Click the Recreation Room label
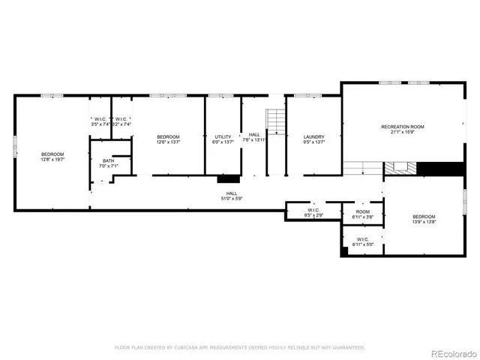(x=402, y=130)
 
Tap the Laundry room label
(x=313, y=139)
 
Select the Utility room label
(x=223, y=139)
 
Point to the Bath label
(x=109, y=163)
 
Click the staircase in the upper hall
(x=277, y=121)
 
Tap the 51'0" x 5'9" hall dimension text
(x=231, y=198)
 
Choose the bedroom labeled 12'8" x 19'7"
(x=52, y=156)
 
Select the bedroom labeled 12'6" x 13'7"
(x=168, y=139)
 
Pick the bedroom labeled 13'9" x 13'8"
(x=424, y=219)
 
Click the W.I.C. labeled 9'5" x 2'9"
(x=313, y=212)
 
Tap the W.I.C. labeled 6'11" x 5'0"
(x=363, y=242)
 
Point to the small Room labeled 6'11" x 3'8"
(x=363, y=214)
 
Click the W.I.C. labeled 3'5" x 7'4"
(x=100, y=121)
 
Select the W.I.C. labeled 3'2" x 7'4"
(x=121, y=121)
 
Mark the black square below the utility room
(x=228, y=179)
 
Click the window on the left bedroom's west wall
(x=14, y=146)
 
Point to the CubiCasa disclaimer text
(x=239, y=347)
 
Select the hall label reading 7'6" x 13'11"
(x=255, y=137)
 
